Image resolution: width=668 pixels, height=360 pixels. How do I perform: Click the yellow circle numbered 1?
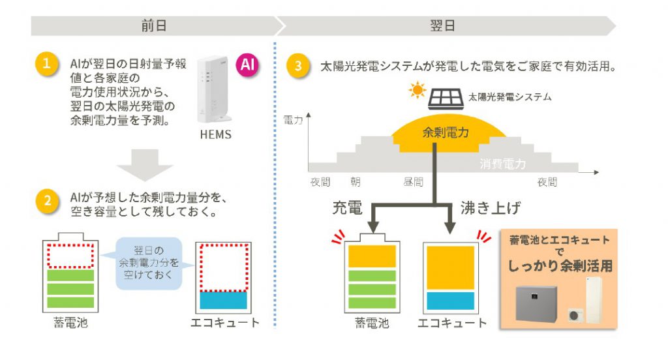(48, 66)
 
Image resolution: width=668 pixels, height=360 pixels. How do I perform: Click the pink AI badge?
(247, 65)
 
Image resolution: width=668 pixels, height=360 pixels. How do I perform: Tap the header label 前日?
(154, 26)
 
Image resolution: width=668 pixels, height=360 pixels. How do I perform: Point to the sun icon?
(417, 90)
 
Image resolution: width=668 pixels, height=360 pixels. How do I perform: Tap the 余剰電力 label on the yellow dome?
(446, 133)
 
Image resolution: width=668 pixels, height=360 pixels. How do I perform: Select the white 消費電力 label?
(502, 164)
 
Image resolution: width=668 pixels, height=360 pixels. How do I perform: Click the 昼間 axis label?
(413, 182)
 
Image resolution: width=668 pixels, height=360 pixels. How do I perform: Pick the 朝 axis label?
(355, 182)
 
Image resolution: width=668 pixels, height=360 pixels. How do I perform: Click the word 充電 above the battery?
(348, 208)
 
